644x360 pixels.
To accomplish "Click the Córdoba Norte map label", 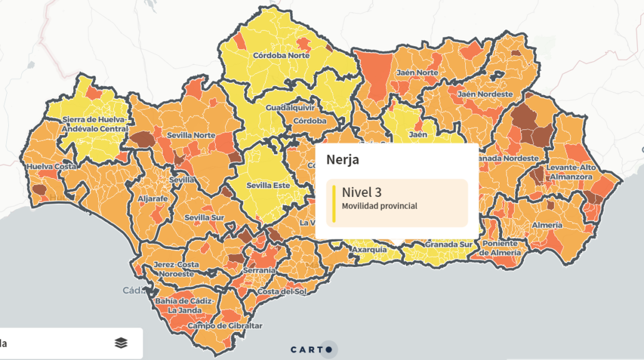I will (281, 55).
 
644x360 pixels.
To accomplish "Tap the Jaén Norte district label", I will (417, 72).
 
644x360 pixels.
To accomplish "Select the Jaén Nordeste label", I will (485, 94).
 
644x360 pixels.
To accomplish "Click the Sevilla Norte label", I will (191, 134).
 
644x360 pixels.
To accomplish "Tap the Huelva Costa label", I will (51, 166).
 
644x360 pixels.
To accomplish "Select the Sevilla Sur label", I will (204, 217).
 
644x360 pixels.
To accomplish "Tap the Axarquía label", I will (369, 249).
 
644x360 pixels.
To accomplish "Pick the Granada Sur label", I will (448, 244).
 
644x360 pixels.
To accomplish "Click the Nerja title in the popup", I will (343, 160).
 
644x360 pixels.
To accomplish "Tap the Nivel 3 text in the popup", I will (361, 192).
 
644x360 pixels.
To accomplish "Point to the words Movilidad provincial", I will (379, 206).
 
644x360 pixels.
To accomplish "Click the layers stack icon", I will (121, 342).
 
